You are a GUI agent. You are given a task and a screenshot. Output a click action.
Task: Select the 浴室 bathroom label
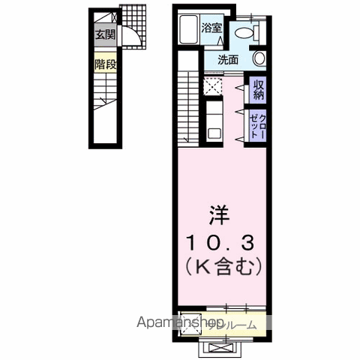pyautogui.click(x=211, y=28)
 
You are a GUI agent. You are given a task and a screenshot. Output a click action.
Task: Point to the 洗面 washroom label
pyautogui.click(x=228, y=60)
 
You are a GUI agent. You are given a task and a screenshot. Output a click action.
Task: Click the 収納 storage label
pyautogui.click(x=258, y=91)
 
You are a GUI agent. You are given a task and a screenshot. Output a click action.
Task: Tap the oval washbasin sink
pyautogui.click(x=259, y=59)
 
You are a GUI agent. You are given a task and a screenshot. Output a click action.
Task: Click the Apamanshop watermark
pyautogui.click(x=179, y=322)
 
